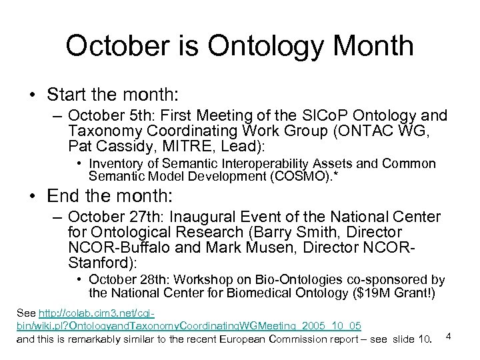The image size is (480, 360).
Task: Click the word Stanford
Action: [x=94, y=261]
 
